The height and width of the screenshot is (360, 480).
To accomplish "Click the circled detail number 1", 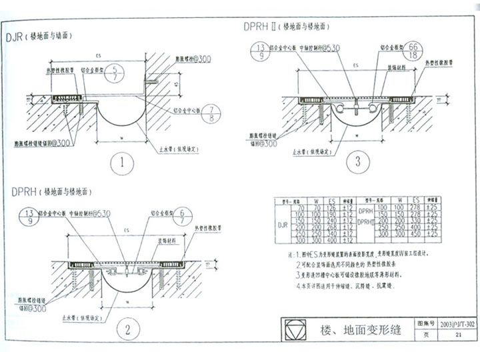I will pos(123,162).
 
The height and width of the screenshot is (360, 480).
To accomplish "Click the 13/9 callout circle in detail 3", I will pos(260,51).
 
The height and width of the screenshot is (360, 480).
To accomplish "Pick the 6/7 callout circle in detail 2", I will pos(181,218).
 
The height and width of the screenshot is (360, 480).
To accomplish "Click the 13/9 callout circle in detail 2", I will pos(29,218).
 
